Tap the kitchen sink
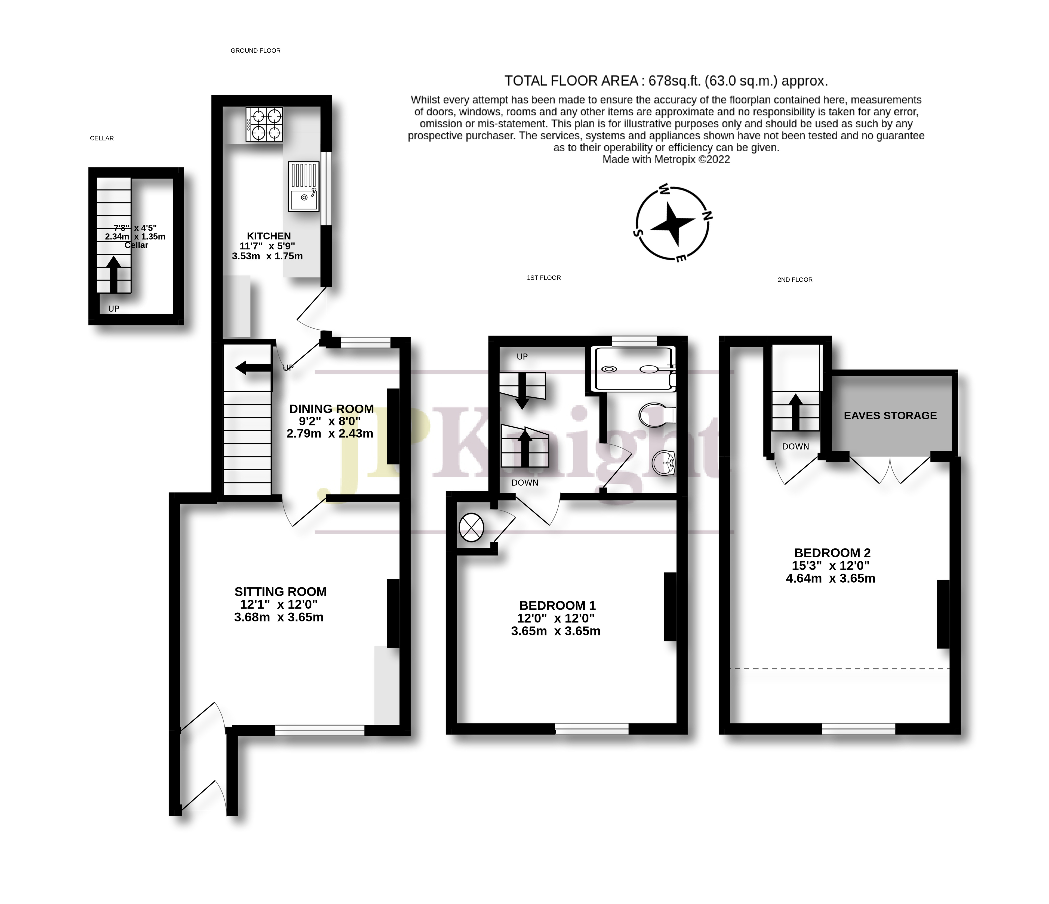304,186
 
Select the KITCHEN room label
269,236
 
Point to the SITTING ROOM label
280,592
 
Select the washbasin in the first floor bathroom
663,463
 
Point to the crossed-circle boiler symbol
471,528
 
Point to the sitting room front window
320,730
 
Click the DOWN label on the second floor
795,446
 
